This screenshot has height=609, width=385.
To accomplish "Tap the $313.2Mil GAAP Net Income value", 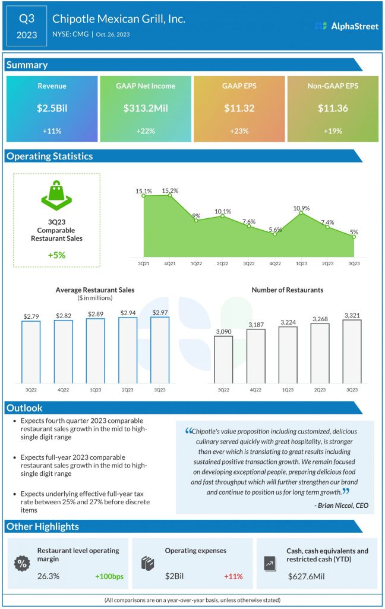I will point(146,108).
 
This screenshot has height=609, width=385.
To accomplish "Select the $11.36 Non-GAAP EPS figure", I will point(333,108).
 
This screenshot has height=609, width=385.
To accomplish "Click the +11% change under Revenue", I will point(52,131).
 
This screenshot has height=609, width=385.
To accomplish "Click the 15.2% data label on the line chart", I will point(170,191).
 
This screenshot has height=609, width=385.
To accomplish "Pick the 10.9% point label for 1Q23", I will point(301,208).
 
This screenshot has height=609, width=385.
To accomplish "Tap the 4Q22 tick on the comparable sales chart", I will point(275,262).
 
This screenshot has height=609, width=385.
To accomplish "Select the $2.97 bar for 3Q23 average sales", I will point(159,351).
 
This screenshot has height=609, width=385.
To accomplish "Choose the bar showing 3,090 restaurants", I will point(223,360).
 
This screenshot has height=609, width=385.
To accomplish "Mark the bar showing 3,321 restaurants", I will point(352,352).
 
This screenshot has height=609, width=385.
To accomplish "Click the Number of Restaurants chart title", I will point(288,290).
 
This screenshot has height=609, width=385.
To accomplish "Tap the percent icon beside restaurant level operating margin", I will point(23,563).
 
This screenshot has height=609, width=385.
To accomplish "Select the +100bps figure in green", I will point(110,576).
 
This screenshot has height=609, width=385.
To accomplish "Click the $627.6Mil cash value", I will point(308,576).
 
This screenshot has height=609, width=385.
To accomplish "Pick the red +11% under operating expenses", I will point(234,576).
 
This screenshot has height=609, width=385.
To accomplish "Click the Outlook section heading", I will point(25,409).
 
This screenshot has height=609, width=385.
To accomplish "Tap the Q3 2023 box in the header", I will point(27,26).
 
